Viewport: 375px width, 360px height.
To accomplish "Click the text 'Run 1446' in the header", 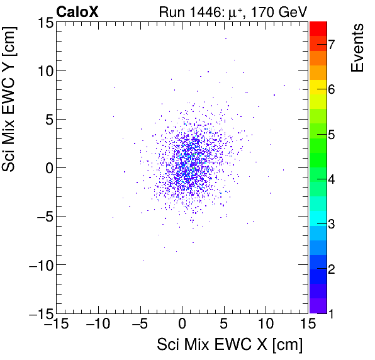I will click(186, 11).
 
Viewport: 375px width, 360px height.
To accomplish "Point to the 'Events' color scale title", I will click(357, 48).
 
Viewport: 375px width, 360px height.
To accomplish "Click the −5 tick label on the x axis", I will click(139, 325).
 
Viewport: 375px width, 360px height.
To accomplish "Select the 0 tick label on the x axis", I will click(182, 325).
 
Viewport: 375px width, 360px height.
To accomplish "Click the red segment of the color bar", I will click(318, 28).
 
